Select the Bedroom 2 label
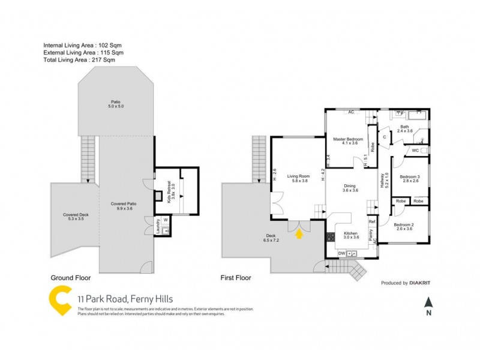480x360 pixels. (x=410, y=226)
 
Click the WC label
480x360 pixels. (x=415, y=150)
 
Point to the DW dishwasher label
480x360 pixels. (x=341, y=254)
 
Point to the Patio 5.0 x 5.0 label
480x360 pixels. (x=116, y=104)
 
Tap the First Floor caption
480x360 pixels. (x=236, y=278)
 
